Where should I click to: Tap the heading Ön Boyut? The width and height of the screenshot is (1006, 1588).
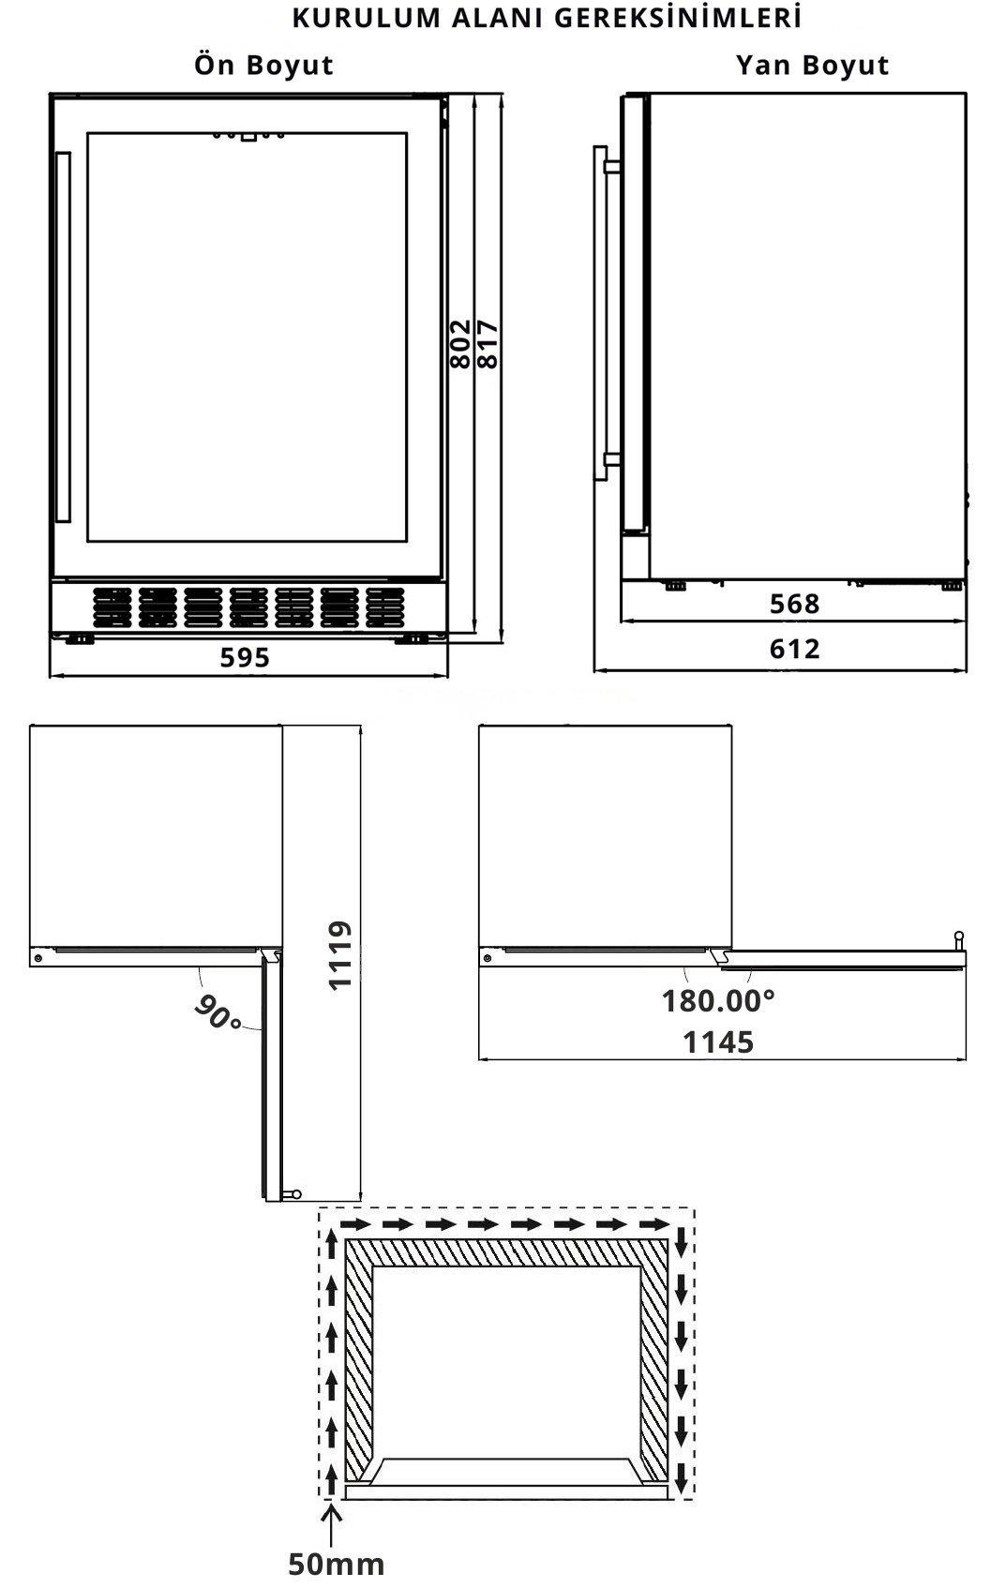click(x=263, y=66)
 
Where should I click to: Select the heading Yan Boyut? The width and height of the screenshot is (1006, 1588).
click(x=813, y=66)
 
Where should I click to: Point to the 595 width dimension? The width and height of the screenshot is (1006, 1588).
click(x=245, y=658)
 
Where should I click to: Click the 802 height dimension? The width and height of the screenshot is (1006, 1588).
click(x=461, y=344)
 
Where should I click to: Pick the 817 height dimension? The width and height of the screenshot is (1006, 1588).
click(x=488, y=344)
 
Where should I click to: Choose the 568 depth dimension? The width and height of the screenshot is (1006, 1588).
click(x=795, y=604)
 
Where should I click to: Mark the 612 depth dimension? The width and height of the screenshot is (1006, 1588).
click(x=795, y=649)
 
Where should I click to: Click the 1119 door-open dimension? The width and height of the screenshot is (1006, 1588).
click(x=340, y=955)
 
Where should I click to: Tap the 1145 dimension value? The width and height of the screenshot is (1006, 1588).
click(x=718, y=1042)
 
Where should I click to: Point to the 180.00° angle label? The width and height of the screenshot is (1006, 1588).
click(x=718, y=1001)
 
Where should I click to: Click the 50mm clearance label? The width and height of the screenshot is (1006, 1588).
click(x=336, y=1564)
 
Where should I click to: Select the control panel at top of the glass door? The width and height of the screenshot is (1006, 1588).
click(x=248, y=135)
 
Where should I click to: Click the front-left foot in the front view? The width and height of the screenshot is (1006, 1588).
click(x=80, y=639)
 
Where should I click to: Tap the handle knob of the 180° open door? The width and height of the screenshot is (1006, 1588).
click(x=959, y=941)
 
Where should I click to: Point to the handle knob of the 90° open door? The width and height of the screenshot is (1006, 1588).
click(x=293, y=1194)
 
